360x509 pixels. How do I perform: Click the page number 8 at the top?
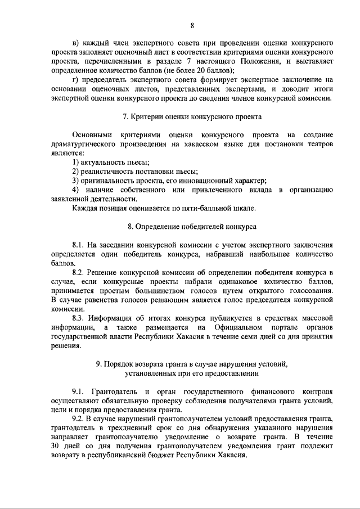point(192,25)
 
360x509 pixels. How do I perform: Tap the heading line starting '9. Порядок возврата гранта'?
point(192,363)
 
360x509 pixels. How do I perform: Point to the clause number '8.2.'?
point(80,272)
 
